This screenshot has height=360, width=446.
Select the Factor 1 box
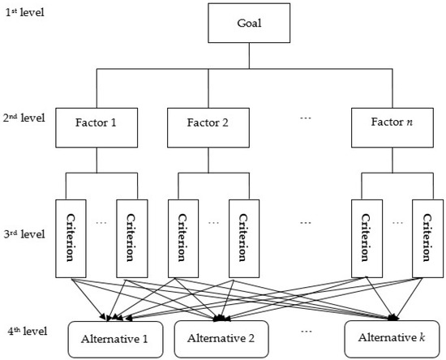click(96, 126)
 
